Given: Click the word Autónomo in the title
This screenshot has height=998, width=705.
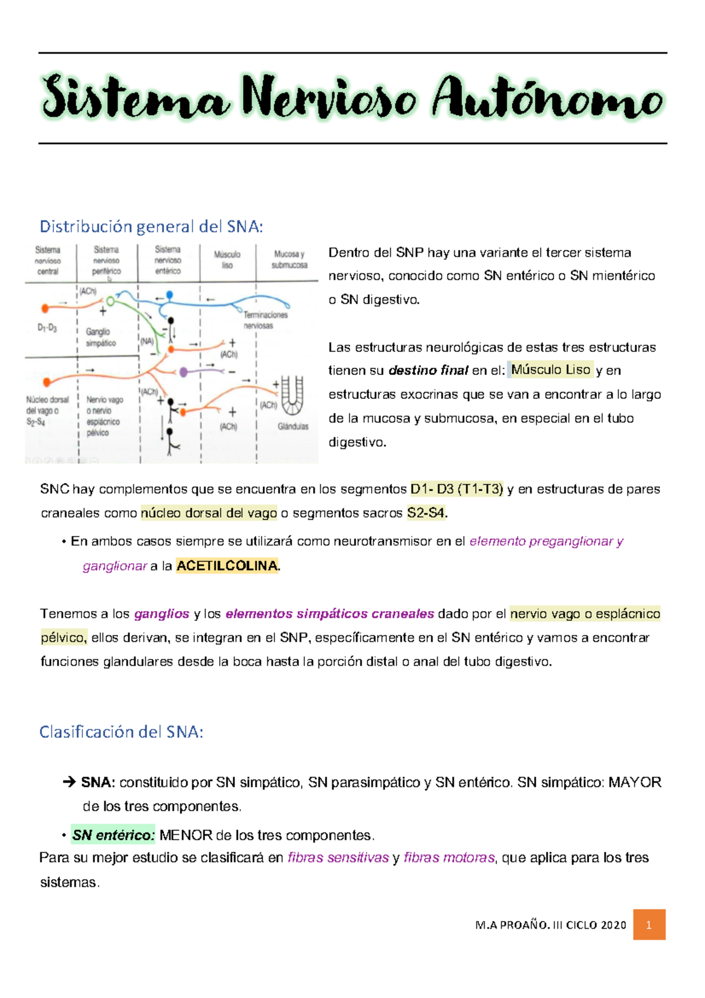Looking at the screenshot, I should coord(548,99).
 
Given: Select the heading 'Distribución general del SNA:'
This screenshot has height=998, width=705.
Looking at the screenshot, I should coord(151,226).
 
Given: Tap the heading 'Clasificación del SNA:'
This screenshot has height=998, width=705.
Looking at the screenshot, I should coord(121,732).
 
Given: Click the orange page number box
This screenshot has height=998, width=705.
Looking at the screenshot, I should coord(649,925).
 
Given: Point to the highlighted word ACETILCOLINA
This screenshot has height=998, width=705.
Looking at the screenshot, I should coord(227,566).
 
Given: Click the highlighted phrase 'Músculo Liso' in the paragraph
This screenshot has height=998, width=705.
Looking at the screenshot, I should coord(550,370).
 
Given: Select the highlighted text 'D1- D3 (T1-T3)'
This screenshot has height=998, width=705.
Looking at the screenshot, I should coord(456,489).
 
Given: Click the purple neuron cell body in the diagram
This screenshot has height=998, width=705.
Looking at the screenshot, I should coord(184,372).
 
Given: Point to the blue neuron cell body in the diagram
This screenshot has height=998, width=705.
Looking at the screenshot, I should coord(170,295).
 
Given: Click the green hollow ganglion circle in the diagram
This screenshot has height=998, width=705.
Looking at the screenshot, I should coord(110,302).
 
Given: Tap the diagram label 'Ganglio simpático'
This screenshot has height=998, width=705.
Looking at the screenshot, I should coord(100,337).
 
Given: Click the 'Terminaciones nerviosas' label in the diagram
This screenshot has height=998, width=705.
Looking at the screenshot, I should coord(266,320).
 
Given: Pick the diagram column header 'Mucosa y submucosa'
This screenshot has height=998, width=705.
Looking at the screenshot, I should coord(289,260).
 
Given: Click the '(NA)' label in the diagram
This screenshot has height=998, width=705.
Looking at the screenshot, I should coord(146,341).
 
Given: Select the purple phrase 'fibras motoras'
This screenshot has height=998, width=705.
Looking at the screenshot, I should coord(449,858).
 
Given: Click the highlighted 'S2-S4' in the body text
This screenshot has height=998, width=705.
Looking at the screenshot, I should coord(427,513).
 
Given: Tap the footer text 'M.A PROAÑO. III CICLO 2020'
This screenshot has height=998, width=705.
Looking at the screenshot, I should coord(550,925).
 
